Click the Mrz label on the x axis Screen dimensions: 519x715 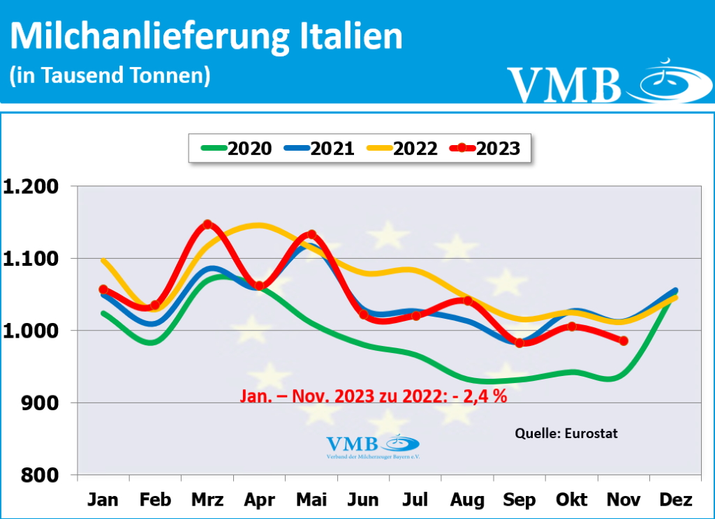click(207, 500)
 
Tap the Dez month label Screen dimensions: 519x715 click(675, 500)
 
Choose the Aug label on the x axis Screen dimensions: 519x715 click(467, 500)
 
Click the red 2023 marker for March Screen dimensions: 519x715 click(207, 225)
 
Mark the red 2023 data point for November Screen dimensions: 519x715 click(624, 341)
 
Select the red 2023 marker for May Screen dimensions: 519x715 click(311, 235)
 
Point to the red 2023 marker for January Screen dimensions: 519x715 click(103, 289)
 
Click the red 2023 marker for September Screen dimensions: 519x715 click(519, 343)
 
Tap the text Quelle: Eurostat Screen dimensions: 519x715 click(566, 433)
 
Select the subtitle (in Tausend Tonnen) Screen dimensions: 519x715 click(110, 75)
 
